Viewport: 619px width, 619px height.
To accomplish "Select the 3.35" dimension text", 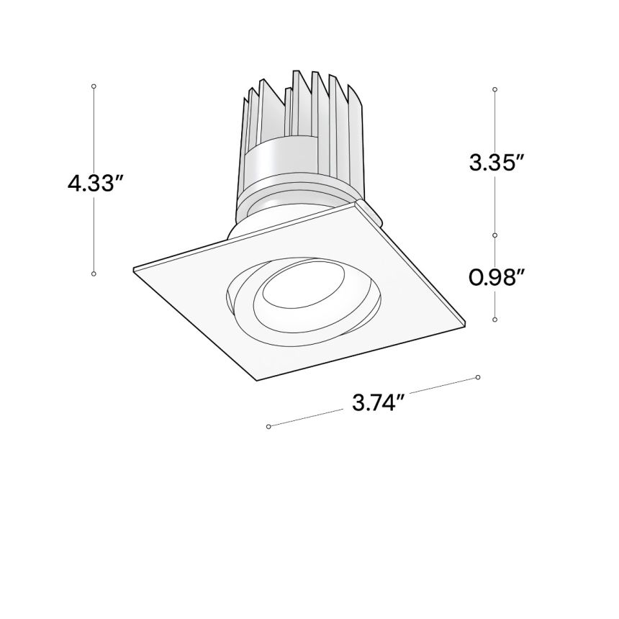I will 495,163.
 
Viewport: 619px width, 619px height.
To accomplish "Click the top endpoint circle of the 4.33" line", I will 94,86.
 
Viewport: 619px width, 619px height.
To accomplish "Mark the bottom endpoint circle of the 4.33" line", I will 94,274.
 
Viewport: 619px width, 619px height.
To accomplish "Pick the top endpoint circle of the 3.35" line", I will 495,89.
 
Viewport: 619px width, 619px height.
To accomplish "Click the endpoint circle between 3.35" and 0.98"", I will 495,235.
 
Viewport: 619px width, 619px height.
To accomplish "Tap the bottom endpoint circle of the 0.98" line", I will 495,319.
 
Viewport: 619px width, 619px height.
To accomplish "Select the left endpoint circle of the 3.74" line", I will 268,427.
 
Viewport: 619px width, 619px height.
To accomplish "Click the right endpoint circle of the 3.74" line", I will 478,377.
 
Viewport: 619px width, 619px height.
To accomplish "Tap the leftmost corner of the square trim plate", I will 135,270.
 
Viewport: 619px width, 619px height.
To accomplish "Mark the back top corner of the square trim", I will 356,204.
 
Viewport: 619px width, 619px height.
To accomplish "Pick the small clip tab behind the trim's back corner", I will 373,211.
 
